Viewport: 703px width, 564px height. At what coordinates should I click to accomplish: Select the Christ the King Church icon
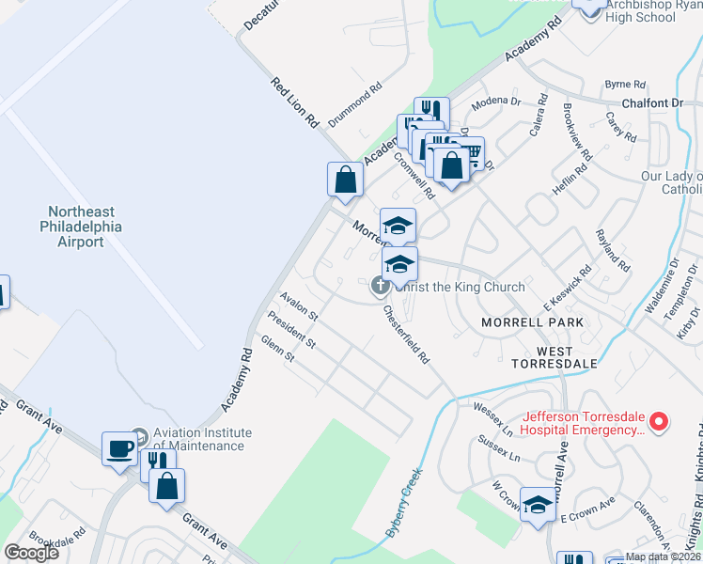(x=381, y=286)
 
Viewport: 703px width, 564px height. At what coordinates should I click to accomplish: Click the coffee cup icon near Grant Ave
(x=120, y=449)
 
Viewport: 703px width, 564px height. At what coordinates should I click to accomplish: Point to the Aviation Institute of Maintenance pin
(x=139, y=437)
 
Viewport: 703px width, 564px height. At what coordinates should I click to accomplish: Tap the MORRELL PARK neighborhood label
(x=532, y=322)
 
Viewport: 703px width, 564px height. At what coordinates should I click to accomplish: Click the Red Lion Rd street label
(x=294, y=102)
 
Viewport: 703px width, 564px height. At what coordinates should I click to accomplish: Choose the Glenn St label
(x=278, y=348)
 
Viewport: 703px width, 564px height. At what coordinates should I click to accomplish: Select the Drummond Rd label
(x=355, y=100)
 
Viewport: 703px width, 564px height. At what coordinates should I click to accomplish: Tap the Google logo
(x=32, y=553)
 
